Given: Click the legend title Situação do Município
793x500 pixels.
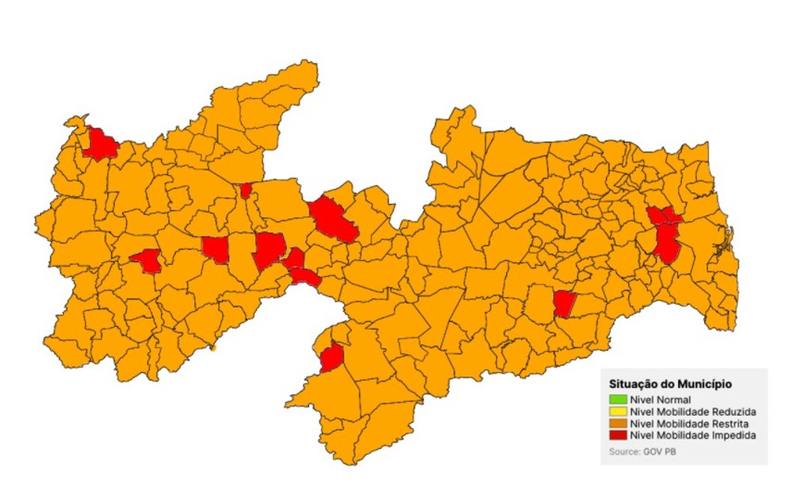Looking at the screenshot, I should pyautogui.click(x=670, y=383).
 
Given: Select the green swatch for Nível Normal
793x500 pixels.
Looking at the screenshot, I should pyautogui.click(x=619, y=399).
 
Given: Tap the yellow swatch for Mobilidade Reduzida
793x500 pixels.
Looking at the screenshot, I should pyautogui.click(x=619, y=412).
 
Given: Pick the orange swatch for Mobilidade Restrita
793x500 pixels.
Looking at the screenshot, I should pyautogui.click(x=619, y=424).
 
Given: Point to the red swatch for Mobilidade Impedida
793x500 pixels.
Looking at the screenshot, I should pyautogui.click(x=619, y=436).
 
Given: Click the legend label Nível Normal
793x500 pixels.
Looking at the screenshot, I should pyautogui.click(x=661, y=399).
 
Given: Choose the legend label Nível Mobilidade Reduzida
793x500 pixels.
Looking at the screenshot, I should pyautogui.click(x=693, y=412).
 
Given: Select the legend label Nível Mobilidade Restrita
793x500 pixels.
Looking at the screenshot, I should pyautogui.click(x=691, y=424).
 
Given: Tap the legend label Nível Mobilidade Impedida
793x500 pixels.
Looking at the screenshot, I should pyautogui.click(x=693, y=436).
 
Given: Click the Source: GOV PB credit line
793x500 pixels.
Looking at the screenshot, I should pyautogui.click(x=643, y=452).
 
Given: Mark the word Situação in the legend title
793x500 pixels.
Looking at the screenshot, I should pyautogui.click(x=634, y=383).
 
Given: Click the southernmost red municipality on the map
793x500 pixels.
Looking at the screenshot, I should pyautogui.click(x=331, y=358).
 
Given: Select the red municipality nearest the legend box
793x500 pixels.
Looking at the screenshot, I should pyautogui.click(x=564, y=303).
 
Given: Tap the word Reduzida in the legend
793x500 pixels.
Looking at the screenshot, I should pyautogui.click(x=733, y=412).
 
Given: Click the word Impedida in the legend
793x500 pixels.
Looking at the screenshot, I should pyautogui.click(x=733, y=436).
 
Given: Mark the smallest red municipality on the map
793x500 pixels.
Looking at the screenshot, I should pyautogui.click(x=246, y=190).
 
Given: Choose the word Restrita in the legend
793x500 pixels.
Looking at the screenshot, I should pyautogui.click(x=731, y=424).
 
